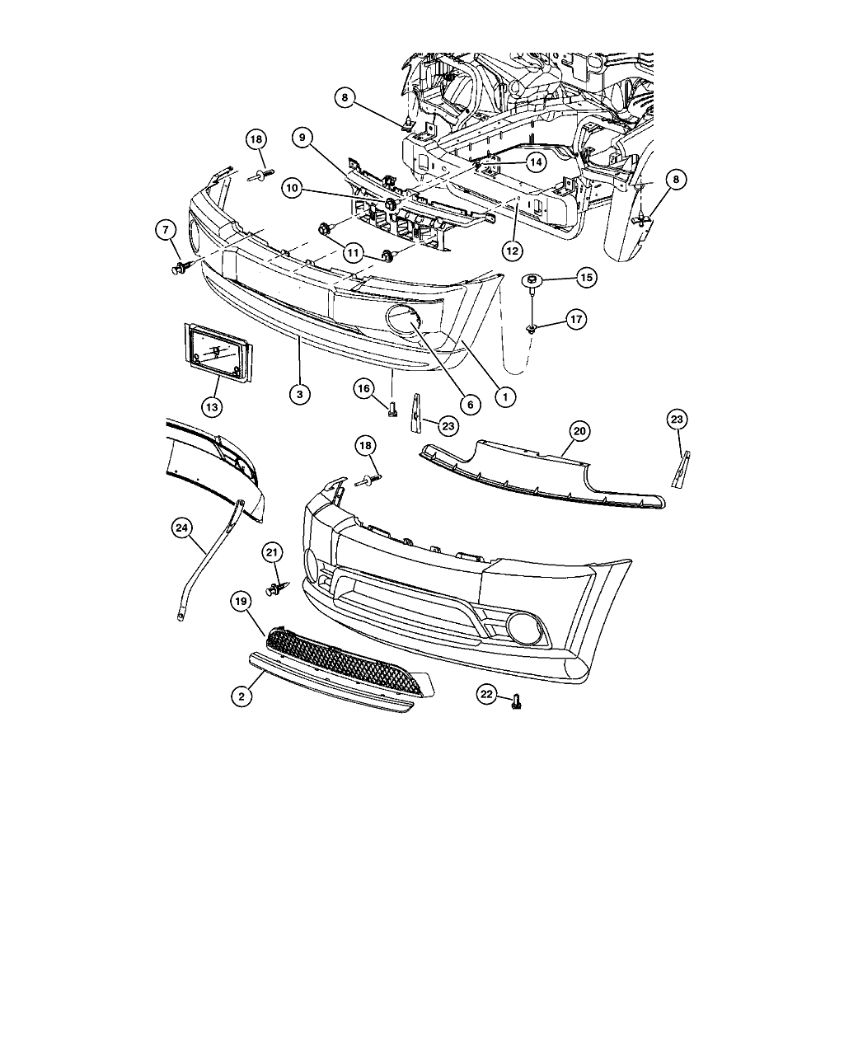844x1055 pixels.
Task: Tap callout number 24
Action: (x=183, y=529)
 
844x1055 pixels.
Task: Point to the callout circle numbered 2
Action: (x=241, y=696)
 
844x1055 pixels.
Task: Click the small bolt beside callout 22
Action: (x=517, y=701)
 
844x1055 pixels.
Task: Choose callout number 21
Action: (x=272, y=552)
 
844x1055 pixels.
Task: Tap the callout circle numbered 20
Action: (x=579, y=430)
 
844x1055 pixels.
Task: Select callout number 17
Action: (x=575, y=319)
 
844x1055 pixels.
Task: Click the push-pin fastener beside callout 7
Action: (x=181, y=268)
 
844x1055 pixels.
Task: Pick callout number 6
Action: (x=469, y=404)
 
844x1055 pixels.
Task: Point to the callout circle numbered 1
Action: (x=504, y=396)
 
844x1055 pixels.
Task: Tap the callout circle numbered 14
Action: (x=536, y=162)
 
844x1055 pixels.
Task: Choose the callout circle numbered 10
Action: (x=291, y=188)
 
